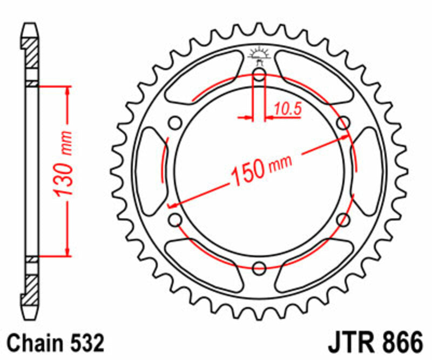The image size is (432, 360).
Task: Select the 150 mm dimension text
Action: pyautogui.click(x=261, y=168)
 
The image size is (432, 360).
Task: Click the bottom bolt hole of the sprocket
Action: pyautogui.click(x=259, y=266)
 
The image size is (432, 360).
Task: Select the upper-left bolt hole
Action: pyautogui.click(x=175, y=123)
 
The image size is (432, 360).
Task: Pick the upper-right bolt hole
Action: pyautogui.click(x=343, y=123)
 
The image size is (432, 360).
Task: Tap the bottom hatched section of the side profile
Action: pyautogui.click(x=32, y=285)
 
